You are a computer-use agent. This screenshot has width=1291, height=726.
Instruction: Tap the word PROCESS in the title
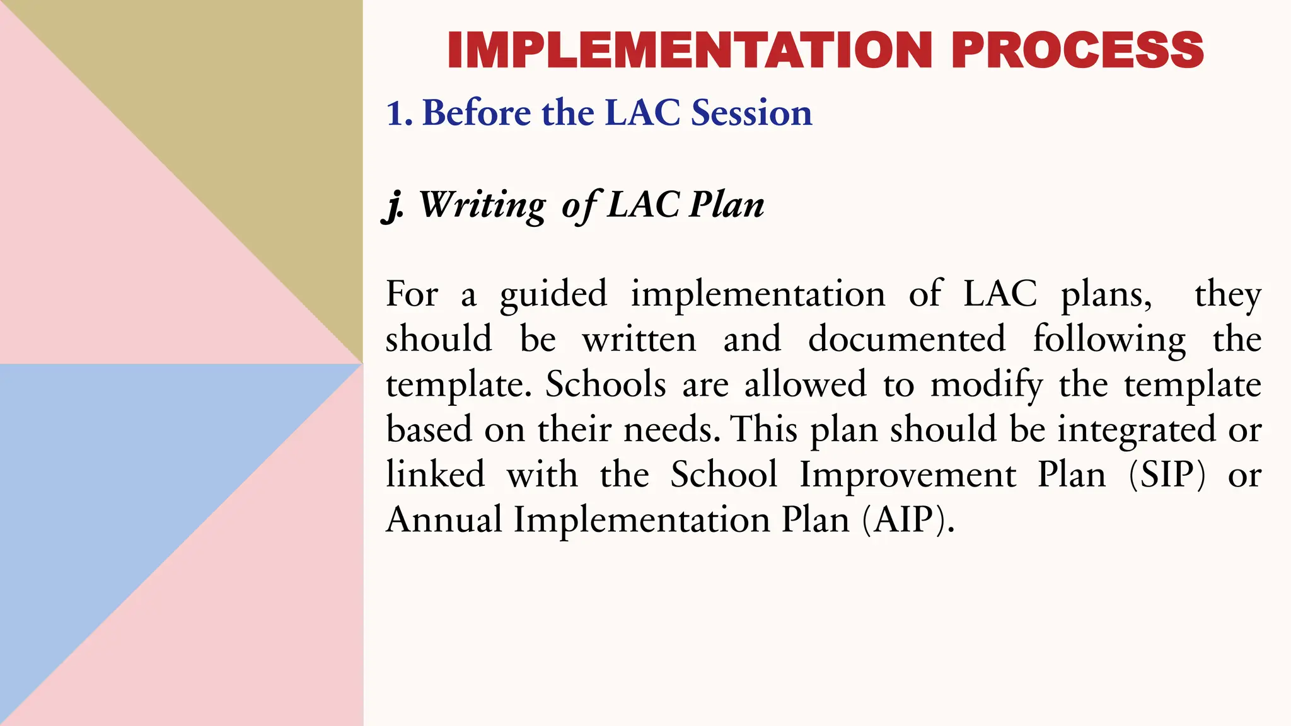point(1077,50)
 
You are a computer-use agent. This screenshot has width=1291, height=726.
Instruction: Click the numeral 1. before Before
point(399,113)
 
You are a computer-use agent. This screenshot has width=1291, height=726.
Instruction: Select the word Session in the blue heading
point(751,113)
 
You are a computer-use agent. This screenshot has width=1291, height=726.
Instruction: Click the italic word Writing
point(482,205)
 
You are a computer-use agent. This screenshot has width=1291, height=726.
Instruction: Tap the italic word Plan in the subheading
point(726,205)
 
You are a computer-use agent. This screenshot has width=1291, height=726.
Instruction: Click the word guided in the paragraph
point(553,294)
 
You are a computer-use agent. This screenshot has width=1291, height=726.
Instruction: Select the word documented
point(906,339)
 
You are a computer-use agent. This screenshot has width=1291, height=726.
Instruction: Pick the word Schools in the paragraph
point(605,384)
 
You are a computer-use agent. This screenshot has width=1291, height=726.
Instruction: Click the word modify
point(987,384)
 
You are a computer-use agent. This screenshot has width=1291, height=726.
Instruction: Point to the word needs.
point(671,430)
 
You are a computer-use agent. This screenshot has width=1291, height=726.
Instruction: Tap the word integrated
point(1136,430)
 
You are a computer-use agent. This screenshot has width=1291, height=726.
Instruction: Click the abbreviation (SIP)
point(1167,475)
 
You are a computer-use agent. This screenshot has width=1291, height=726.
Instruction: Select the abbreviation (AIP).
point(908,520)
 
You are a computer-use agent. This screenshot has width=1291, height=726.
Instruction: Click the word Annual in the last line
point(444,520)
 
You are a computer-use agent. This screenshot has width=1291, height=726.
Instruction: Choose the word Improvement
point(908,475)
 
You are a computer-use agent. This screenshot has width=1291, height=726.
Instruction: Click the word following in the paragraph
point(1109,339)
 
